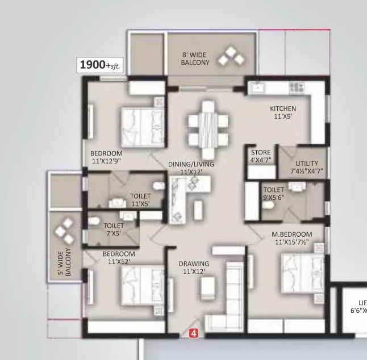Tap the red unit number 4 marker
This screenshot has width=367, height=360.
(193, 334)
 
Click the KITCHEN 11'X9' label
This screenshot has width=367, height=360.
(283, 112)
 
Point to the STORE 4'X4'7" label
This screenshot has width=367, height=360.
(261, 156)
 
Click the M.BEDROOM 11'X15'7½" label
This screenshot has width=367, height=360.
(293, 238)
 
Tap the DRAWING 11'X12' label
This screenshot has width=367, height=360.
(193, 267)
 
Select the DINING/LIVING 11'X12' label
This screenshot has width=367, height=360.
(191, 168)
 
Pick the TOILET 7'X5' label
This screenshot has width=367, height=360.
(114, 229)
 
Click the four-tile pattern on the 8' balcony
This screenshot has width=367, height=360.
(230, 56)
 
